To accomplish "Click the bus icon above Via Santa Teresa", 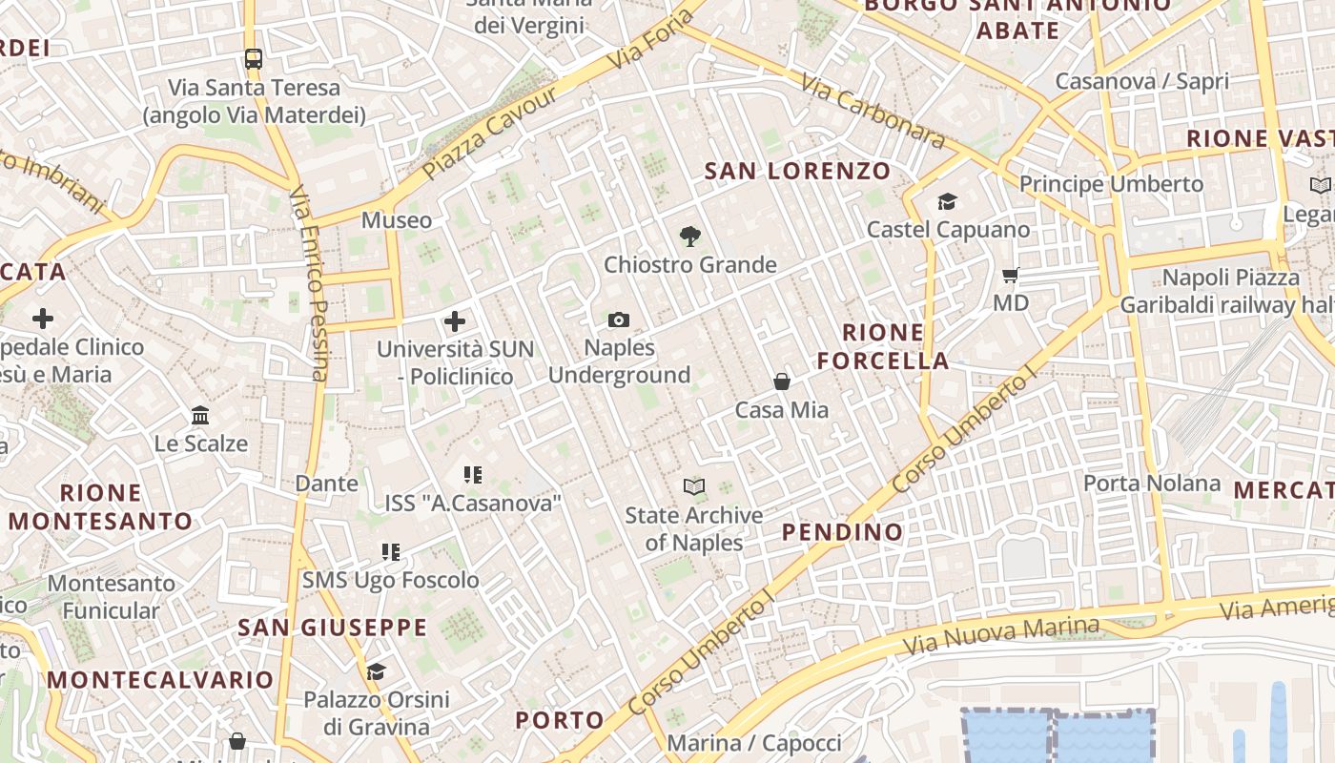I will click(253, 58).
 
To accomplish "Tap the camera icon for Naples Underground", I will click(619, 320).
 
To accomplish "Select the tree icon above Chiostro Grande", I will click(689, 237).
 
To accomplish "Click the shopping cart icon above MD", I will click(1011, 275).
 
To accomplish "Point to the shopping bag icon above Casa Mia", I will click(782, 381).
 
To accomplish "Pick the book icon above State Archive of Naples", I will click(694, 487).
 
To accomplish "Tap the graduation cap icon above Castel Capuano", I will click(947, 201).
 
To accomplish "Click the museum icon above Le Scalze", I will click(200, 416).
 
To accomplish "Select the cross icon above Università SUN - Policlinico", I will click(455, 321).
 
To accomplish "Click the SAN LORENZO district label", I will click(797, 172).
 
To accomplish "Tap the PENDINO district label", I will click(842, 532).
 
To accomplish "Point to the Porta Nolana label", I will click(1151, 484).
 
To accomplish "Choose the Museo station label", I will click(396, 220).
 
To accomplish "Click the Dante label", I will click(326, 484).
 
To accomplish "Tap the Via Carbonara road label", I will click(873, 112).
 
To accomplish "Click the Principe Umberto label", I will click(1111, 183).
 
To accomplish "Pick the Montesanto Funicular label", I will click(112, 596).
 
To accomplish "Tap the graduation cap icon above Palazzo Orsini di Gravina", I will click(376, 671).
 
